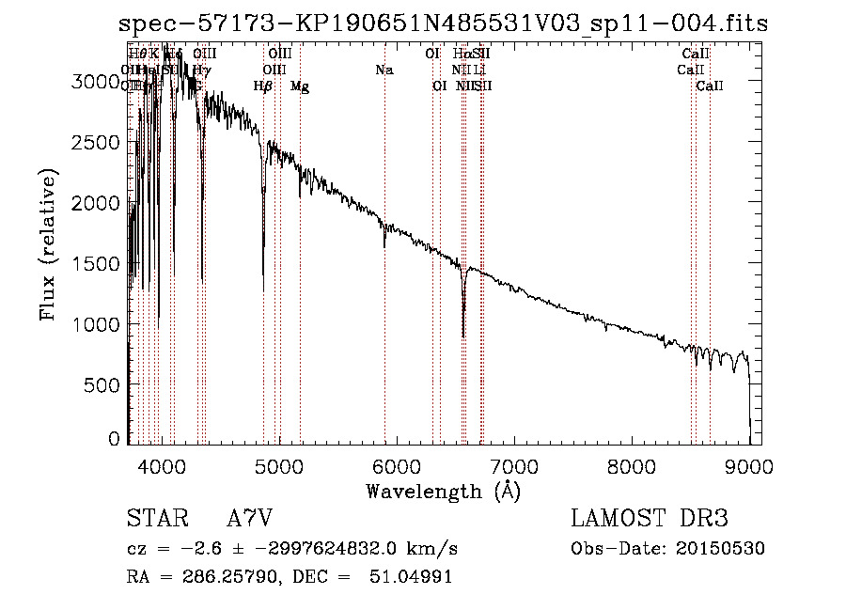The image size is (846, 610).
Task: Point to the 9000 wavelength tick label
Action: (x=748, y=464)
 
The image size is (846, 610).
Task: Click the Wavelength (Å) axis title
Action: (x=442, y=491)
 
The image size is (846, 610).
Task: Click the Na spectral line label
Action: (x=384, y=70)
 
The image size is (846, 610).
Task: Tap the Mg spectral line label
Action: (x=299, y=86)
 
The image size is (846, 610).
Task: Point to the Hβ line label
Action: (x=263, y=86)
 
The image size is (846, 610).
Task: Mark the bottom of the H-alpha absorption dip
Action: (x=463, y=336)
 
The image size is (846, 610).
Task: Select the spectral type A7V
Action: (x=249, y=519)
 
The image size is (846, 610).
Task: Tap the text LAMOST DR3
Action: (x=649, y=519)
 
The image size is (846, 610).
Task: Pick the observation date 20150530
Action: (x=724, y=548)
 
